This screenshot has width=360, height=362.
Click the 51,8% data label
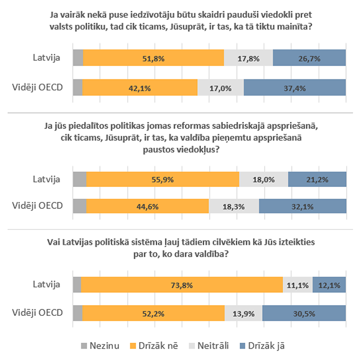(153, 58)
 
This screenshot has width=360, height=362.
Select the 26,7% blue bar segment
(309, 58)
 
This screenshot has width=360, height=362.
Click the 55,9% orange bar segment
(163, 179)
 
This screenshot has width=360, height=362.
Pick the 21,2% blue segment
(316, 179)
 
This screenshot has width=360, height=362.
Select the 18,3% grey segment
(234, 207)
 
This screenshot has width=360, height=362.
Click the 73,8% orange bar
(182, 285)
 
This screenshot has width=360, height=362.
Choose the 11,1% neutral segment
(298, 285)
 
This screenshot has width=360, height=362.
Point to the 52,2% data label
(153, 313)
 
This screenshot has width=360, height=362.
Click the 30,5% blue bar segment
(304, 313)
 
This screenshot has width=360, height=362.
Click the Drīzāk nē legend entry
(161, 346)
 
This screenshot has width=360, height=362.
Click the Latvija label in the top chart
(48, 58)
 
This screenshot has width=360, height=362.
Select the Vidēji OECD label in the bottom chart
(37, 313)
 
